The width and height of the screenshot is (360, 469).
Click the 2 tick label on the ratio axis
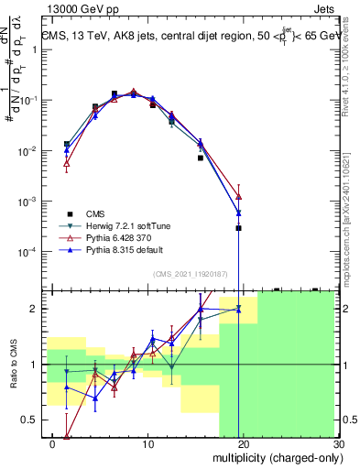(x=35, y=309)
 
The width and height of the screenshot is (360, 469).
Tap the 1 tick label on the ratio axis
(x=35, y=365)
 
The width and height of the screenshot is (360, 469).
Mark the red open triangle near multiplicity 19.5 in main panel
(x=238, y=196)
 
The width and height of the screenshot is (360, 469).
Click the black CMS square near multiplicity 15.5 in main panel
(x=201, y=158)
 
